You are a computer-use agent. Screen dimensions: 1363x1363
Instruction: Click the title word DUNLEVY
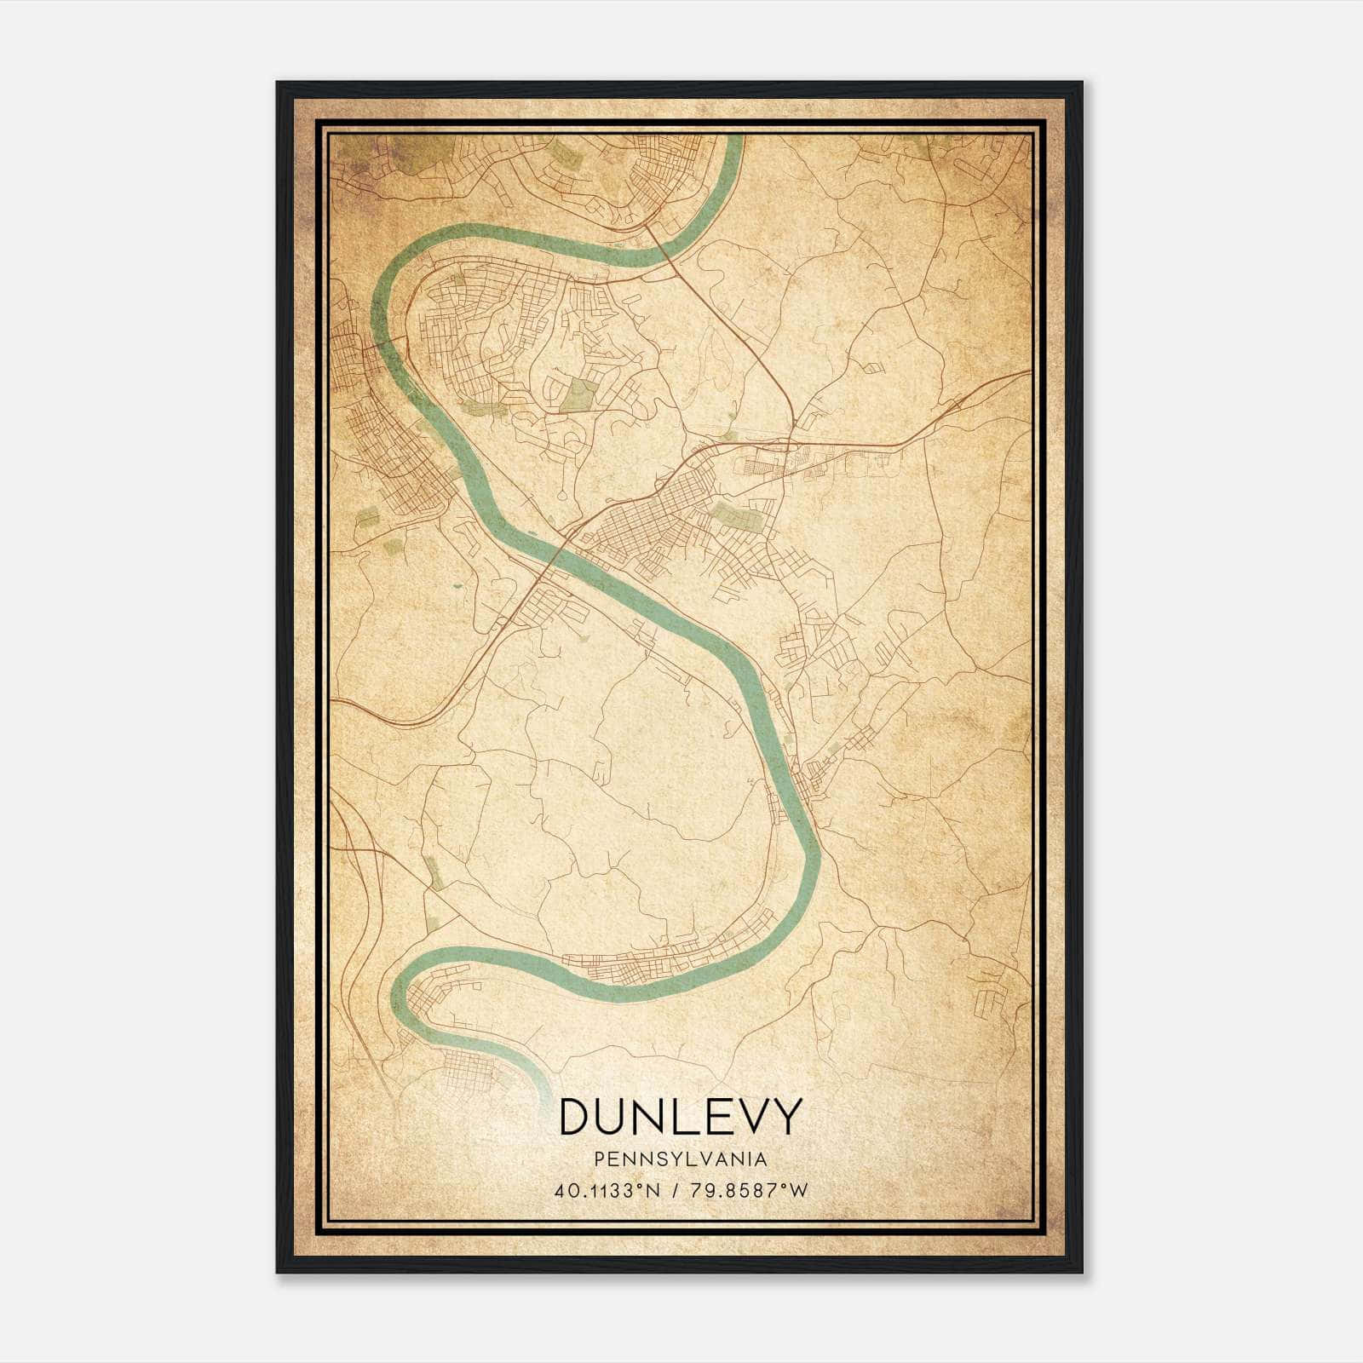(681, 1116)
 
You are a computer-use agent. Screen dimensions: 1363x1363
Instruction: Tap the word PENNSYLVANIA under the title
(681, 1159)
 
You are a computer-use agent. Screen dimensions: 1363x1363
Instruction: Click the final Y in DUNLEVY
(786, 1116)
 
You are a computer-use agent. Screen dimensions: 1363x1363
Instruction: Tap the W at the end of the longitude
(797, 1191)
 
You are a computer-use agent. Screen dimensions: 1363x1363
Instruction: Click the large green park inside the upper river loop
(581, 394)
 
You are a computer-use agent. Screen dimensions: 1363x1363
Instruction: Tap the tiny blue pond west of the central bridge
(455, 586)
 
